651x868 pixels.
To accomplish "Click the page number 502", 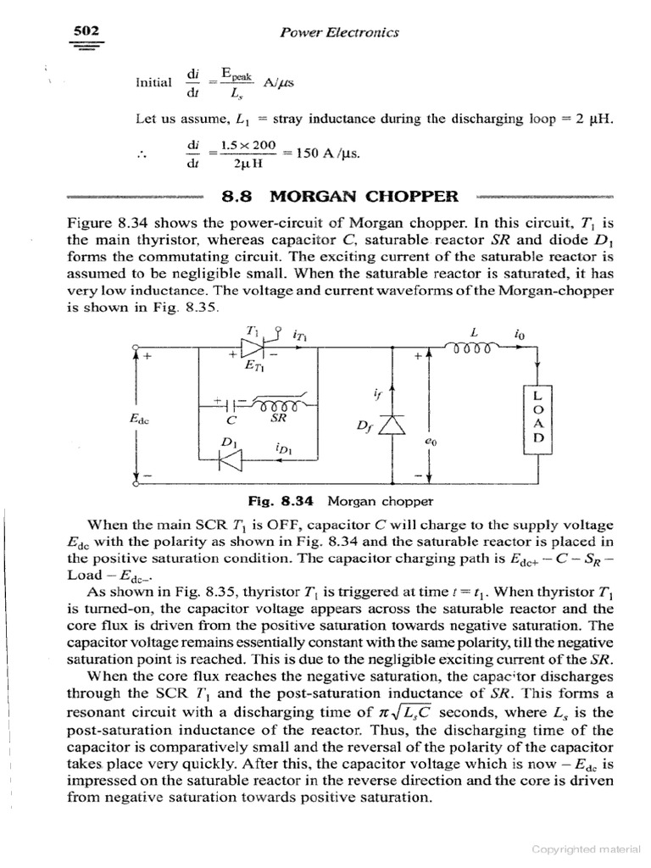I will point(86,30).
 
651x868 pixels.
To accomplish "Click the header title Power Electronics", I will point(338,32).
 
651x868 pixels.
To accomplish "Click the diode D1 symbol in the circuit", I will point(231,459).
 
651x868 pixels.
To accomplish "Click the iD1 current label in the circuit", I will point(285,448).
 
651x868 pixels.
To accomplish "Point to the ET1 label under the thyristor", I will point(253,367).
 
